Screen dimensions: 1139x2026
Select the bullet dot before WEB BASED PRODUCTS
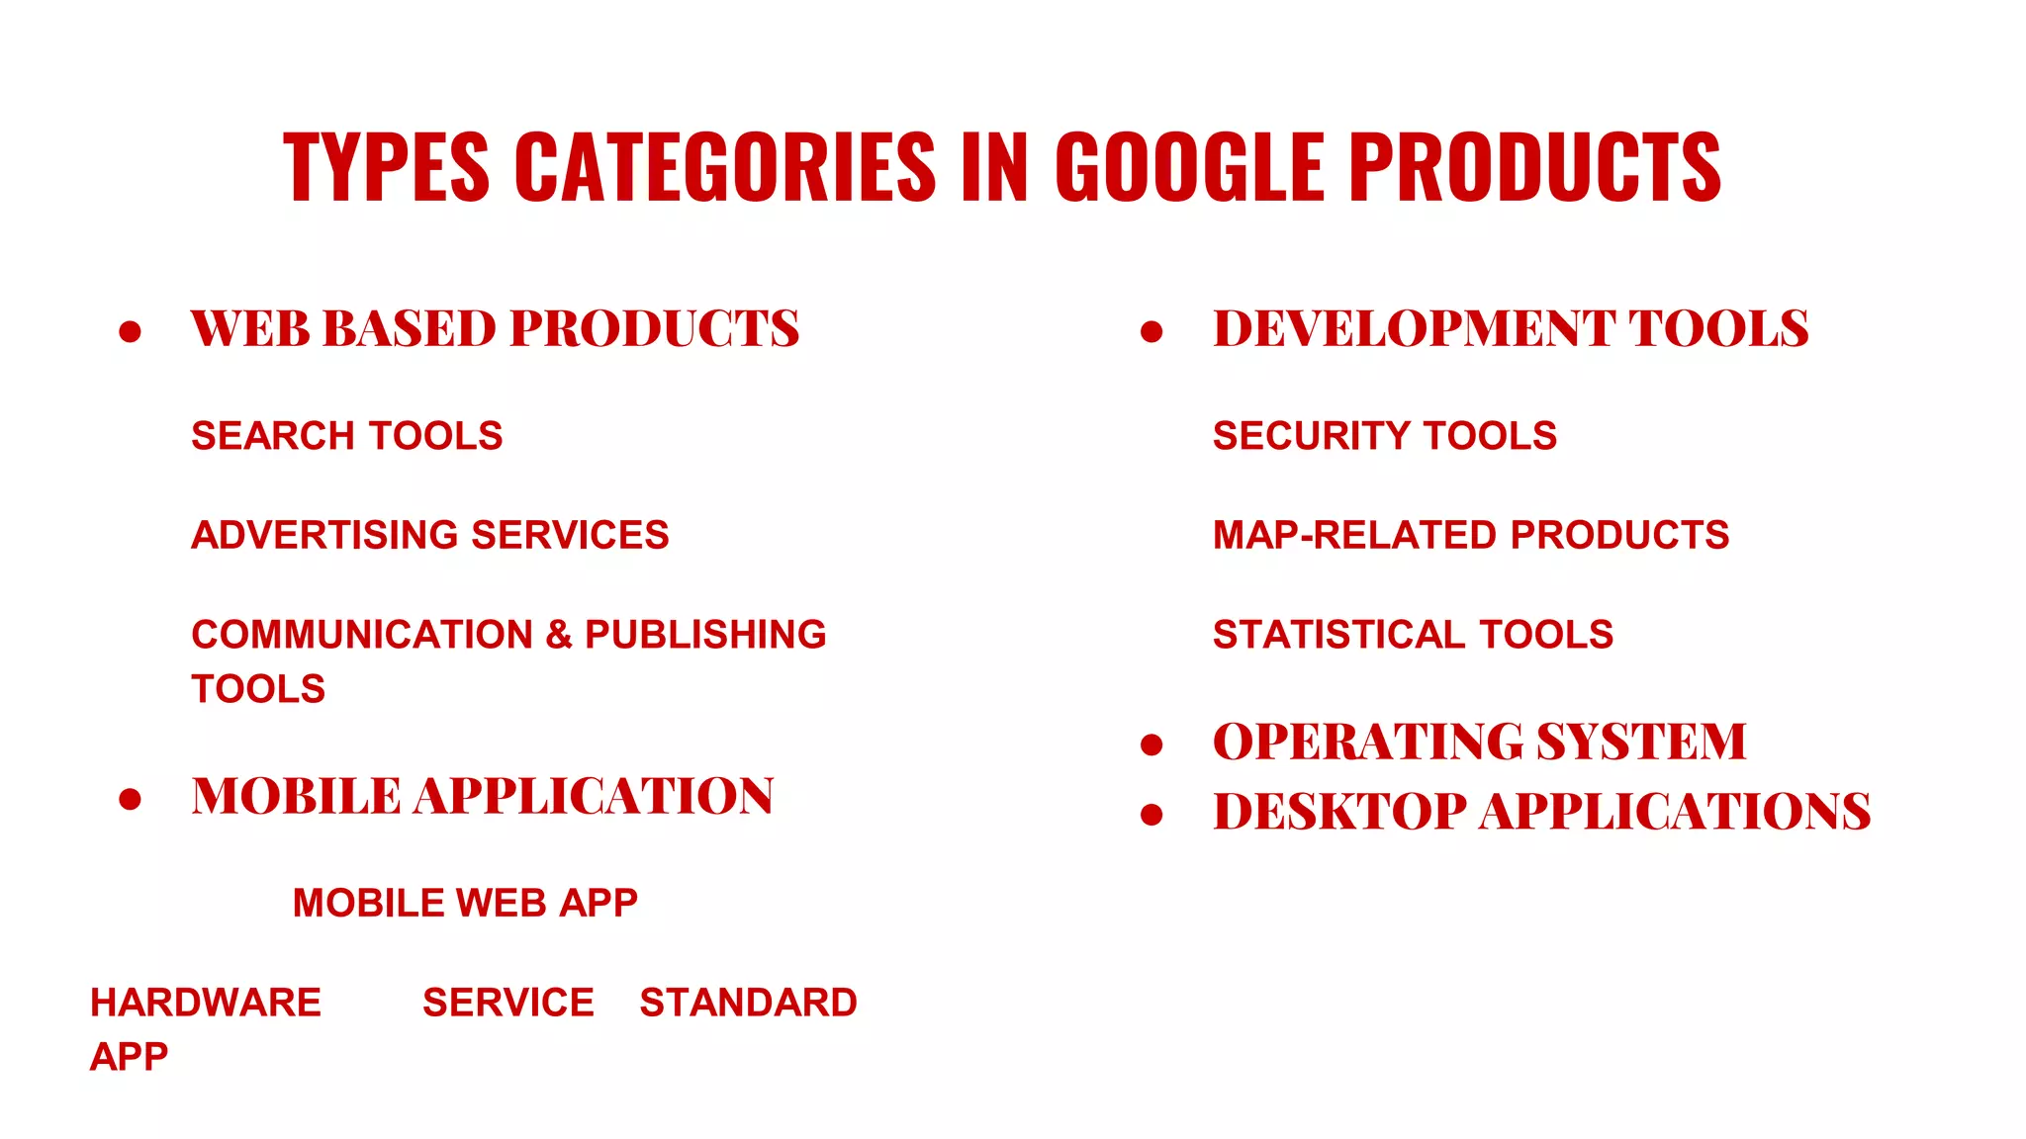pyautogui.click(x=130, y=331)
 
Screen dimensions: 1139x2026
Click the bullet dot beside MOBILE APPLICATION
pyautogui.click(x=130, y=798)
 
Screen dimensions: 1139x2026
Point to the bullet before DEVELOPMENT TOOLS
pyautogui.click(x=1151, y=331)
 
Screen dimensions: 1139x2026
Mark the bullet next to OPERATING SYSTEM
pyautogui.click(x=1151, y=744)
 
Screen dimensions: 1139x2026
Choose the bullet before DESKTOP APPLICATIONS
pyautogui.click(x=1151, y=814)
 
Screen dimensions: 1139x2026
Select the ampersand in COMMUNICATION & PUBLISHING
pyautogui.click(x=559, y=634)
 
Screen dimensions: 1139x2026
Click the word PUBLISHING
pyautogui.click(x=705, y=634)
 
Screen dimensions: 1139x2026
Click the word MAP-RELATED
pyautogui.click(x=1355, y=535)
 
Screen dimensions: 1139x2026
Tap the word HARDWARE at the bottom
pyautogui.click(x=206, y=1003)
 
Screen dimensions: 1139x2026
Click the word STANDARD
pyautogui.click(x=748, y=1003)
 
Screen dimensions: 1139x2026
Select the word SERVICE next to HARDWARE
pyautogui.click(x=508, y=1003)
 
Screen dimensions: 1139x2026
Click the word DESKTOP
pyautogui.click(x=1339, y=812)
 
